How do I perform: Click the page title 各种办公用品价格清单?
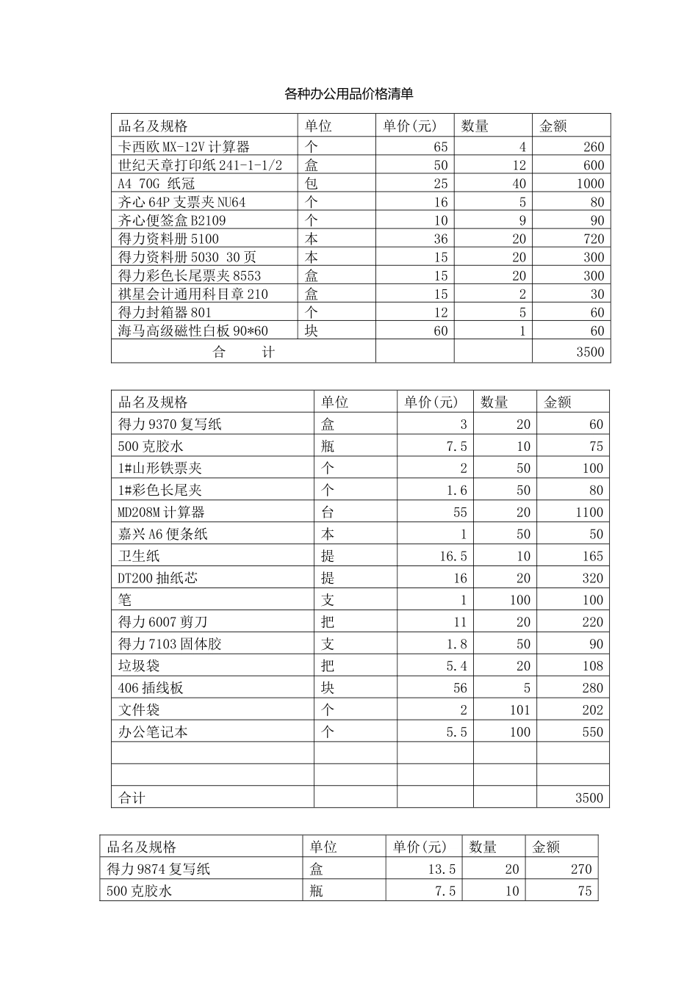pos(348,94)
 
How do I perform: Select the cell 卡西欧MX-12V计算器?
pos(184,147)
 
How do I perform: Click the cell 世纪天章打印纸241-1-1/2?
pos(201,165)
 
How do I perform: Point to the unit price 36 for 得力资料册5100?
pos(440,239)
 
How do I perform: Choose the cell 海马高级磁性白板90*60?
pos(193,330)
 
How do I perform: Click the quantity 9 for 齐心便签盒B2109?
pos(522,220)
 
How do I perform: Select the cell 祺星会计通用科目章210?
pos(193,294)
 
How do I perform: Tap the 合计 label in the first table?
pos(243,352)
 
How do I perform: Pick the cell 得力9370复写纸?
pos(170,424)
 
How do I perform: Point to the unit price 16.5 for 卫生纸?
pos(453,556)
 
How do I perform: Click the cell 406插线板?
pos(151,688)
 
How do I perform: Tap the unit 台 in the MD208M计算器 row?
pos(328,512)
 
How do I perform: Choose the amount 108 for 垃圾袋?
pos(592,666)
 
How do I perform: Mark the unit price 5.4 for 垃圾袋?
pos(456,666)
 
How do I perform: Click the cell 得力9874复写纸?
pos(159,869)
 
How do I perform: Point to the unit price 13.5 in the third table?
pos(442,869)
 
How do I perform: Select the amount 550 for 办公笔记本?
pos(592,732)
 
